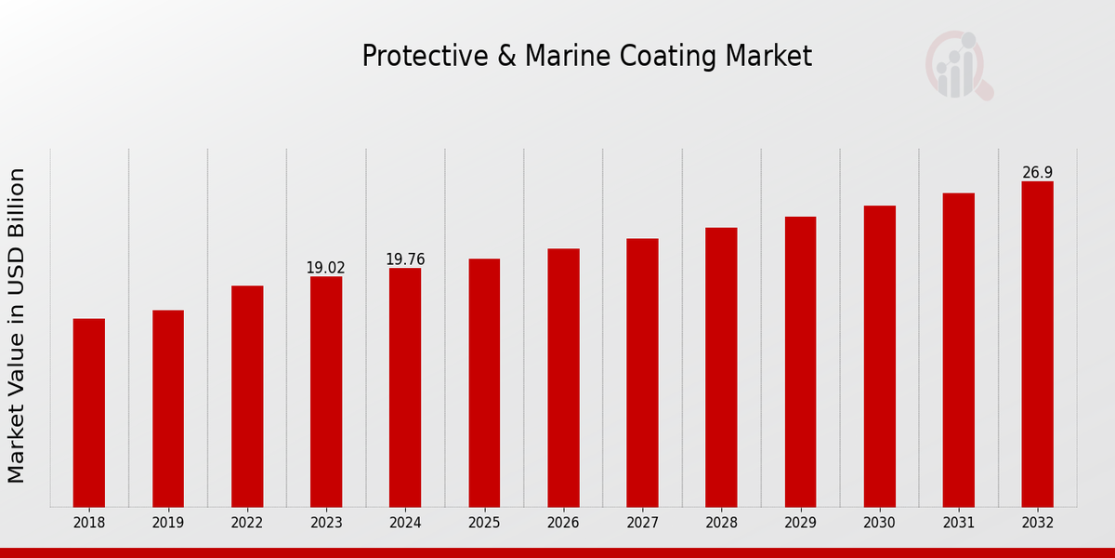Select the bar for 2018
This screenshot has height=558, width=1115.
(x=89, y=413)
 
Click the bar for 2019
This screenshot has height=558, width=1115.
(x=168, y=408)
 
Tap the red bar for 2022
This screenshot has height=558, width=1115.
(x=247, y=396)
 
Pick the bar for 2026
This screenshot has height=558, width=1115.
(x=563, y=378)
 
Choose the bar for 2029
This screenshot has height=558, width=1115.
(x=800, y=362)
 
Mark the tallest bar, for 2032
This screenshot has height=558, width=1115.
(x=1037, y=344)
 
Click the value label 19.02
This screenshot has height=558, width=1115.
(x=325, y=268)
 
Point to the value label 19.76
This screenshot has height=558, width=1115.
(x=405, y=259)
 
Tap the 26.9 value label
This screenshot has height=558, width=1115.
(x=1037, y=173)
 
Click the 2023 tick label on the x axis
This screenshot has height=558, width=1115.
(x=326, y=524)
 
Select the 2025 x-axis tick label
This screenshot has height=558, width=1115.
(x=484, y=524)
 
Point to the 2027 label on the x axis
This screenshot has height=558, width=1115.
(x=642, y=524)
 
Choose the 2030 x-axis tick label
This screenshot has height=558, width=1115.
(x=879, y=524)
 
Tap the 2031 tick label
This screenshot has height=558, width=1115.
(x=958, y=524)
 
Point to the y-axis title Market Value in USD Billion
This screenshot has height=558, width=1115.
(x=17, y=325)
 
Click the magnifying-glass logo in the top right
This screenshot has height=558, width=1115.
(x=958, y=65)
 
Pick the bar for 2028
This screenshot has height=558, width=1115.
(x=721, y=367)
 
